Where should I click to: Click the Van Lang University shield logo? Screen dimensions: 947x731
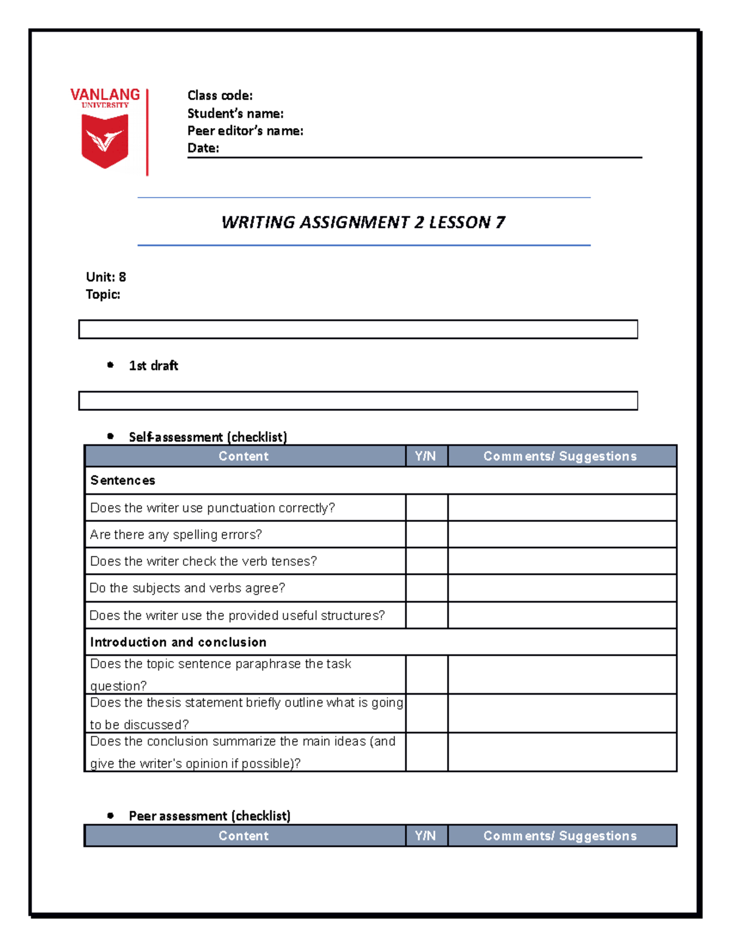pos(105,140)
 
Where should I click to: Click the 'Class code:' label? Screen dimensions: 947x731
pos(220,95)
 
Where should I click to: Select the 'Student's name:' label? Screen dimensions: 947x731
pos(235,113)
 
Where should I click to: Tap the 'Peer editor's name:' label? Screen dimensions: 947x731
pos(245,130)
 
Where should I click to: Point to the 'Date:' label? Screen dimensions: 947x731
pos(203,148)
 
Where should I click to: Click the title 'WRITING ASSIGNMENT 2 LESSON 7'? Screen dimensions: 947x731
pos(363,222)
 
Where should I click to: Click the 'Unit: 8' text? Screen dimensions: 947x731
pos(106,277)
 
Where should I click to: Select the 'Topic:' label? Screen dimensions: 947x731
pos(103,295)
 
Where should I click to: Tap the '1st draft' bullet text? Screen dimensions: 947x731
pos(154,366)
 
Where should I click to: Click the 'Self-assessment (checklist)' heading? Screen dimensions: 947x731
pos(208,437)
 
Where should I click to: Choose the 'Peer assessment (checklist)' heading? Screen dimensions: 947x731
pos(210,816)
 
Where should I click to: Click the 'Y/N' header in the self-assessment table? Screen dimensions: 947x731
pos(426,456)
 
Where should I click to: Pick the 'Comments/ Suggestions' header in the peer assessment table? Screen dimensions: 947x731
pos(560,835)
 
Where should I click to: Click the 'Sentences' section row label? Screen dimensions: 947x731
pos(122,481)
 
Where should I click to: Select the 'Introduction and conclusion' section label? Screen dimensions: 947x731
pos(178,642)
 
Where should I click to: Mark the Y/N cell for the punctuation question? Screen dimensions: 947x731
pos(426,507)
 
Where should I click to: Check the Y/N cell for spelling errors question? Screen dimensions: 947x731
pos(426,534)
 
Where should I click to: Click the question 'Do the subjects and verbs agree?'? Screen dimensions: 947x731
pos(187,588)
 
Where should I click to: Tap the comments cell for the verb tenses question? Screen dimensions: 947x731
pos(562,561)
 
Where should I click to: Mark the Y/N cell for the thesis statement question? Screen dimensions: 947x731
pos(426,713)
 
